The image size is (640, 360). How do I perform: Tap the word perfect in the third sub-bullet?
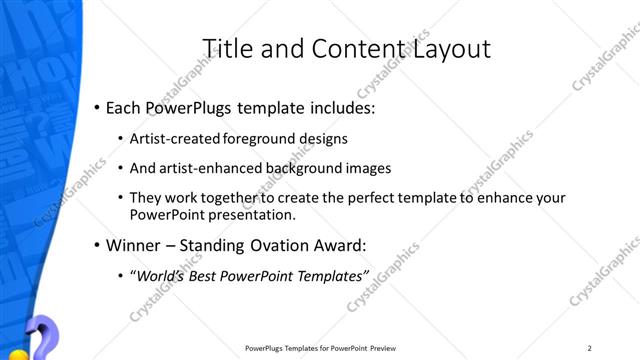point(348,198)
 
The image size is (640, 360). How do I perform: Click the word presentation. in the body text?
point(253,214)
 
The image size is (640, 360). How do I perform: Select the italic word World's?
point(162,275)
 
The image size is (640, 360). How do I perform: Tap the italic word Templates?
point(328,275)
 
